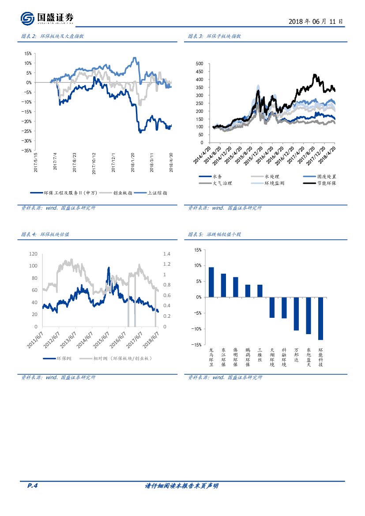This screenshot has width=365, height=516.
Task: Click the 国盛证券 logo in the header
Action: tap(47, 18)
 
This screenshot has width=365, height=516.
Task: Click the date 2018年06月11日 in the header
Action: tap(316, 21)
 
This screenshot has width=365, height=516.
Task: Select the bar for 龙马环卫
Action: tap(211, 282)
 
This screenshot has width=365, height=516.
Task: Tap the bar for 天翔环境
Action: tap(272, 307)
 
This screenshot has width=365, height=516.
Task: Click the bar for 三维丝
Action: tap(260, 291)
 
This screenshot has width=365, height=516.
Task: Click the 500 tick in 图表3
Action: tap(199, 64)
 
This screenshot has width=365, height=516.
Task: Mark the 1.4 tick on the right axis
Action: tap(166, 254)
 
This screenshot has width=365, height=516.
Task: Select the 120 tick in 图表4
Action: tap(34, 254)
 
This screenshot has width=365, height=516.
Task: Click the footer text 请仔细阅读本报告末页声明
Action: tap(182, 486)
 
